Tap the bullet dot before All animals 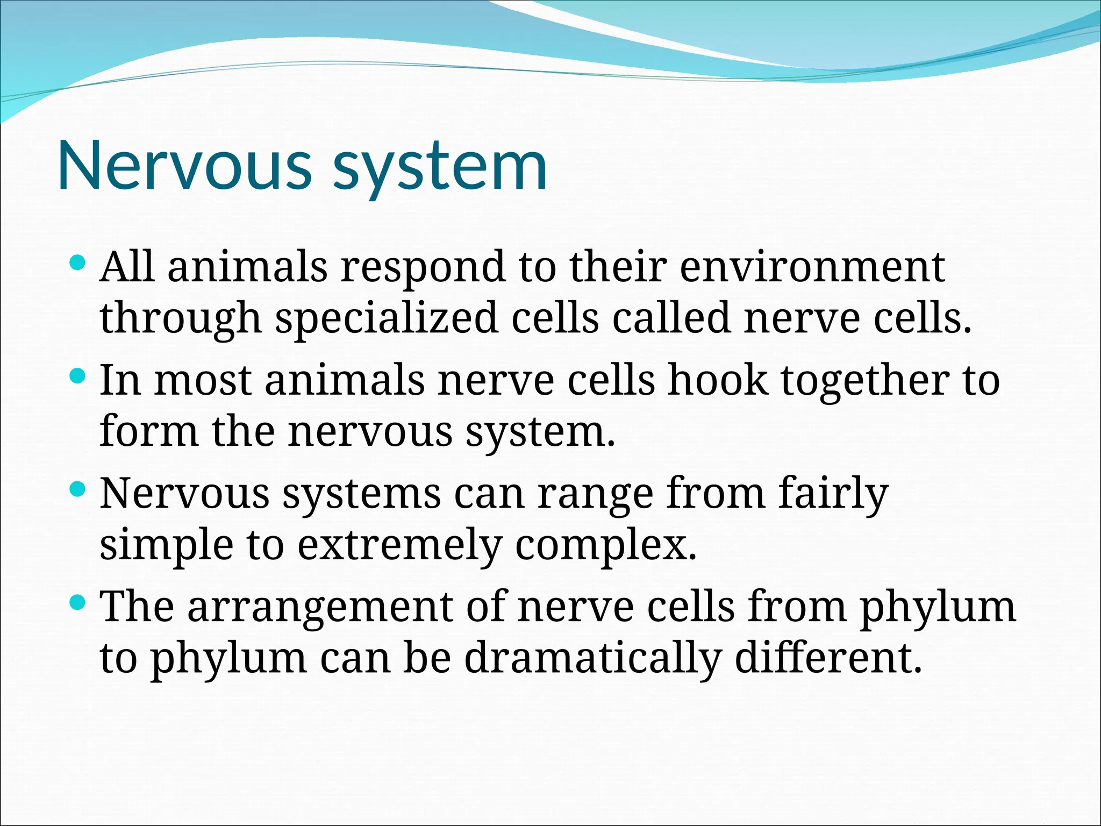(78, 263)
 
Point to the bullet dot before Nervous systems (78, 489)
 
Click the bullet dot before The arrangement (78, 602)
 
